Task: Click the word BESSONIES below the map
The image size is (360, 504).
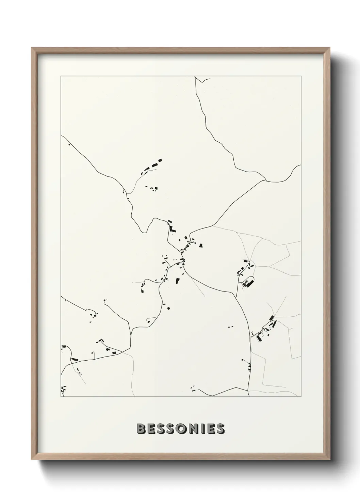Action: point(180,429)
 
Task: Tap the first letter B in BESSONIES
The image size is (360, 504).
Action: point(141,429)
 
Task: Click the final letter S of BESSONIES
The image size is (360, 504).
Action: point(220,429)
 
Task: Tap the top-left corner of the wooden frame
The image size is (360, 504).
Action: point(32,48)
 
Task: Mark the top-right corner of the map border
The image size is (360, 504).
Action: point(301,77)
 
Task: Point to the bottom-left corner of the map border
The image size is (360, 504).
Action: point(61,397)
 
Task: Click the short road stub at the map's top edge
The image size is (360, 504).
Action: point(203,80)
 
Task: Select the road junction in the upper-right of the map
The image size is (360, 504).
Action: point(265,179)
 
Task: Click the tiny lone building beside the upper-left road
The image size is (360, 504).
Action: point(69,145)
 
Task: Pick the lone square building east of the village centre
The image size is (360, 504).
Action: point(201,245)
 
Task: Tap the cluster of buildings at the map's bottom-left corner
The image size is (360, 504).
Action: point(63,388)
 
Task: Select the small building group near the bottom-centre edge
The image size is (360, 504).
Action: point(193,387)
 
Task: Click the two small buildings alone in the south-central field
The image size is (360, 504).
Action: point(230,327)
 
